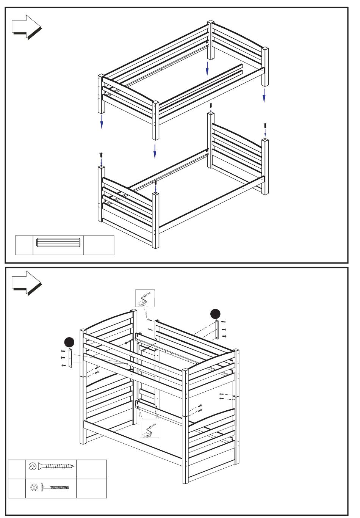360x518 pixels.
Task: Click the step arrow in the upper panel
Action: pyautogui.click(x=26, y=27)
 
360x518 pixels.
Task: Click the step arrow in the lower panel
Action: pyautogui.click(x=26, y=283)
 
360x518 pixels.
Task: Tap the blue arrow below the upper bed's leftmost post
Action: pyautogui.click(x=102, y=121)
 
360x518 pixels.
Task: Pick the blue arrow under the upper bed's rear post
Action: pyautogui.click(x=207, y=69)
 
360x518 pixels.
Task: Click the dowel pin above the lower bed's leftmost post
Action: pyautogui.click(x=101, y=155)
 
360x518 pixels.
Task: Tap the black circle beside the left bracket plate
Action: pyautogui.click(x=69, y=342)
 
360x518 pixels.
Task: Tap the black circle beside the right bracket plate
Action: pyautogui.click(x=215, y=314)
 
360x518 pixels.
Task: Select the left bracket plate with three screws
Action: pyautogui.click(x=70, y=358)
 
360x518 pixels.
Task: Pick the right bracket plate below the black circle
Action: pyautogui.click(x=217, y=330)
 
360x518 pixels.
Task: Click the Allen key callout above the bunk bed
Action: pyautogui.click(x=145, y=298)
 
